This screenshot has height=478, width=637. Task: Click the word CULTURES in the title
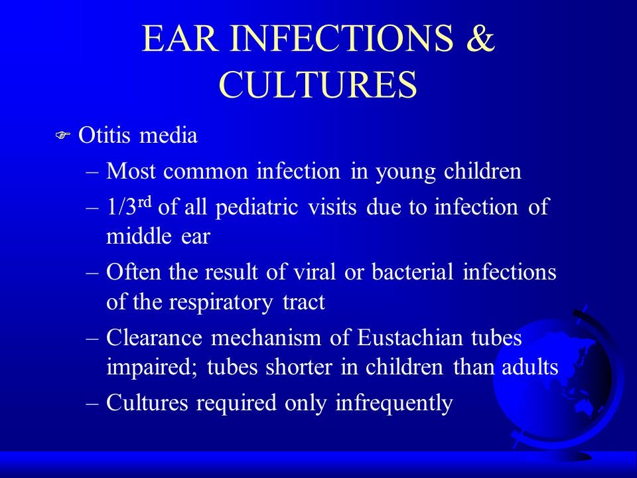pos(318,84)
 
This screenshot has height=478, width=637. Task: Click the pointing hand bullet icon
pos(63,135)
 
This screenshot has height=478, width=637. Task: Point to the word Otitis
pos(105,135)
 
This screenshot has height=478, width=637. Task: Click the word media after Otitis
pos(168,135)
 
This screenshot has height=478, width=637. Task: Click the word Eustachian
pos(409,337)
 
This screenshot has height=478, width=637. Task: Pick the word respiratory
pos(220,303)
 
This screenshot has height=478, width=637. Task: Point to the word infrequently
pos(394,404)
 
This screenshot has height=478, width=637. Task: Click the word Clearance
pos(154,337)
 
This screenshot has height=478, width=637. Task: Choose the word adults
pos(530,366)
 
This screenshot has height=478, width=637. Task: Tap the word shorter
pos(299,366)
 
